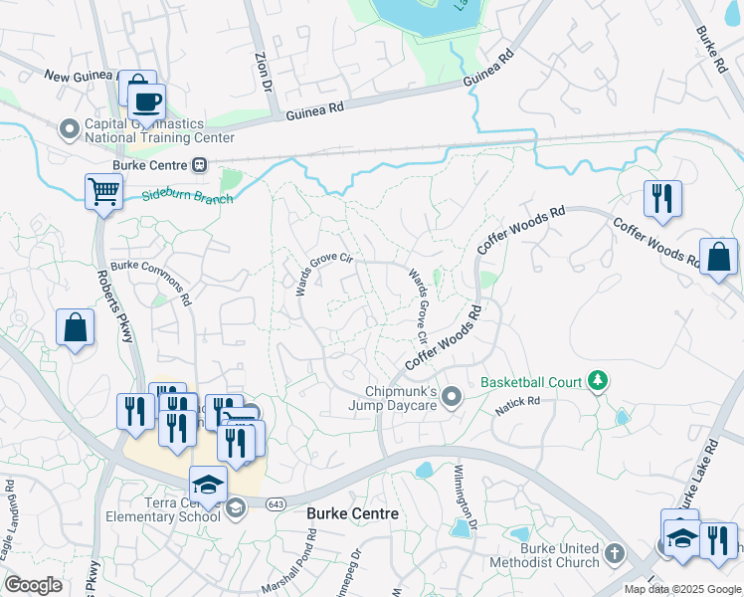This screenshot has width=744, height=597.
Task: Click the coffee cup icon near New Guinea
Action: (146, 102)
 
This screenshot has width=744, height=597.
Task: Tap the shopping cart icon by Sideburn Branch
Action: (103, 191)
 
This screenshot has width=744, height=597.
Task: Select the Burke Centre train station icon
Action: (200, 164)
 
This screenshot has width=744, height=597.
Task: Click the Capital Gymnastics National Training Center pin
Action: (70, 127)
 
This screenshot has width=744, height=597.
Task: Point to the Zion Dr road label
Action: (262, 71)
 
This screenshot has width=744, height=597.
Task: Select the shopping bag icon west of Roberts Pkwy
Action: (76, 327)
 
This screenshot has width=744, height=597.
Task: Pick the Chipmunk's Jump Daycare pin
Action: (452, 397)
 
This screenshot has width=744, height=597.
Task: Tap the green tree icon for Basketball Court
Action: (597, 380)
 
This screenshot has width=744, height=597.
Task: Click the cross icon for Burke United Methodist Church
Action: (615, 552)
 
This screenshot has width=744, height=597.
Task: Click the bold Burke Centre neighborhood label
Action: (352, 513)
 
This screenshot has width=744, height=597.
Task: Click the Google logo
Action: (33, 585)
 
